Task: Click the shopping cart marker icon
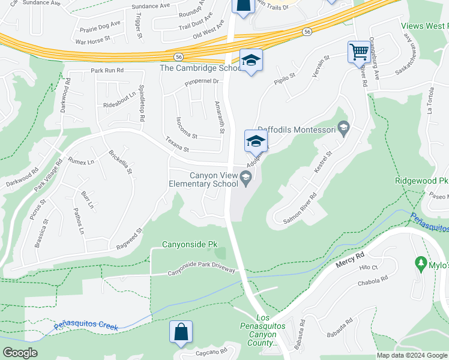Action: point(359,52)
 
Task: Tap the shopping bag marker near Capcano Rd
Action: point(181,332)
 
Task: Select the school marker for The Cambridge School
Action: point(252,60)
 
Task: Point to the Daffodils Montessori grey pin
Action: point(343,127)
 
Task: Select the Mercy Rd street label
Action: point(351,262)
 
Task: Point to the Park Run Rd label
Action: point(107,70)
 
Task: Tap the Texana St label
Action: point(177,145)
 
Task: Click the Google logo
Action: point(20,353)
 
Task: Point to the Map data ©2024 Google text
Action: point(412,355)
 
